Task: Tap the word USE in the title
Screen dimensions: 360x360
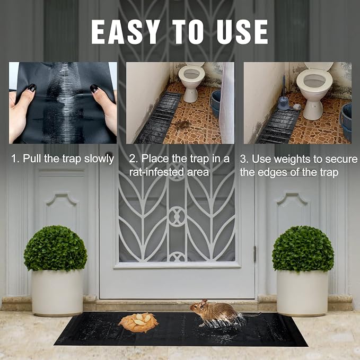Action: click(242, 32)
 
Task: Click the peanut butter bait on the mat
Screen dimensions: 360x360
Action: click(138, 322)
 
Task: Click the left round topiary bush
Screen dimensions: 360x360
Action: click(56, 249)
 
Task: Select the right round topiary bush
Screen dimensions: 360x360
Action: click(303, 249)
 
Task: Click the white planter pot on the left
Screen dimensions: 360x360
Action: click(57, 293)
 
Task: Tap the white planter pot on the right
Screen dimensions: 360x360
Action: click(302, 293)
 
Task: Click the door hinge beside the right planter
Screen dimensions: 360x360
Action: click(254, 254)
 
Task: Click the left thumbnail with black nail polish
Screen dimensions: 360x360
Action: click(31, 87)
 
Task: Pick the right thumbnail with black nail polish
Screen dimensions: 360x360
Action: click(94, 89)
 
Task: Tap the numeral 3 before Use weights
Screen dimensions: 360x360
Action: click(243, 159)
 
